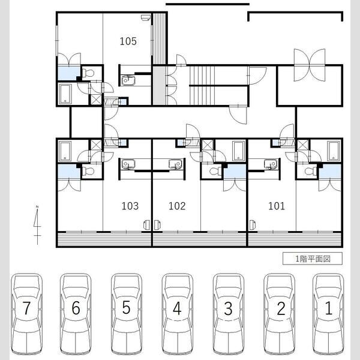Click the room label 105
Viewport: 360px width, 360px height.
[x=128, y=41]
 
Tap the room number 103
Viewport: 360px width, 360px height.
[x=130, y=206]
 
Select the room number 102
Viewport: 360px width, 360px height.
[x=177, y=206]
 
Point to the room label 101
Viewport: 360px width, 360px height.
[x=277, y=206]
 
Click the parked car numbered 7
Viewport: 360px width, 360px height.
[x=27, y=314]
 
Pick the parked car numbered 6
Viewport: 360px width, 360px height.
[x=76, y=314]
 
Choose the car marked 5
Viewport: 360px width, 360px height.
[x=127, y=314]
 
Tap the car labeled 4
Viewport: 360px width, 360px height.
[x=177, y=314]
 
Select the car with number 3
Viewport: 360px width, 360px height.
[x=228, y=314]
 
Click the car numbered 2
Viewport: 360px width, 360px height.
[x=280, y=314]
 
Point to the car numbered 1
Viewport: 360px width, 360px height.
[x=328, y=314]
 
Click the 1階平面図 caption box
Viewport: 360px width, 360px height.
[x=313, y=259]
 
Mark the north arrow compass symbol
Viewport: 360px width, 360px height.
[x=37, y=225]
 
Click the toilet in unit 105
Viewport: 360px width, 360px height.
[x=88, y=73]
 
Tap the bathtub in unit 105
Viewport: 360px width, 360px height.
[x=65, y=94]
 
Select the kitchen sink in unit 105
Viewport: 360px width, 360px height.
[x=128, y=80]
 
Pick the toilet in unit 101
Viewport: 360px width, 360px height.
[x=311, y=171]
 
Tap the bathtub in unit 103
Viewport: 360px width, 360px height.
[x=65, y=151]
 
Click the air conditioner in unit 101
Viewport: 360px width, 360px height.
[x=252, y=225]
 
